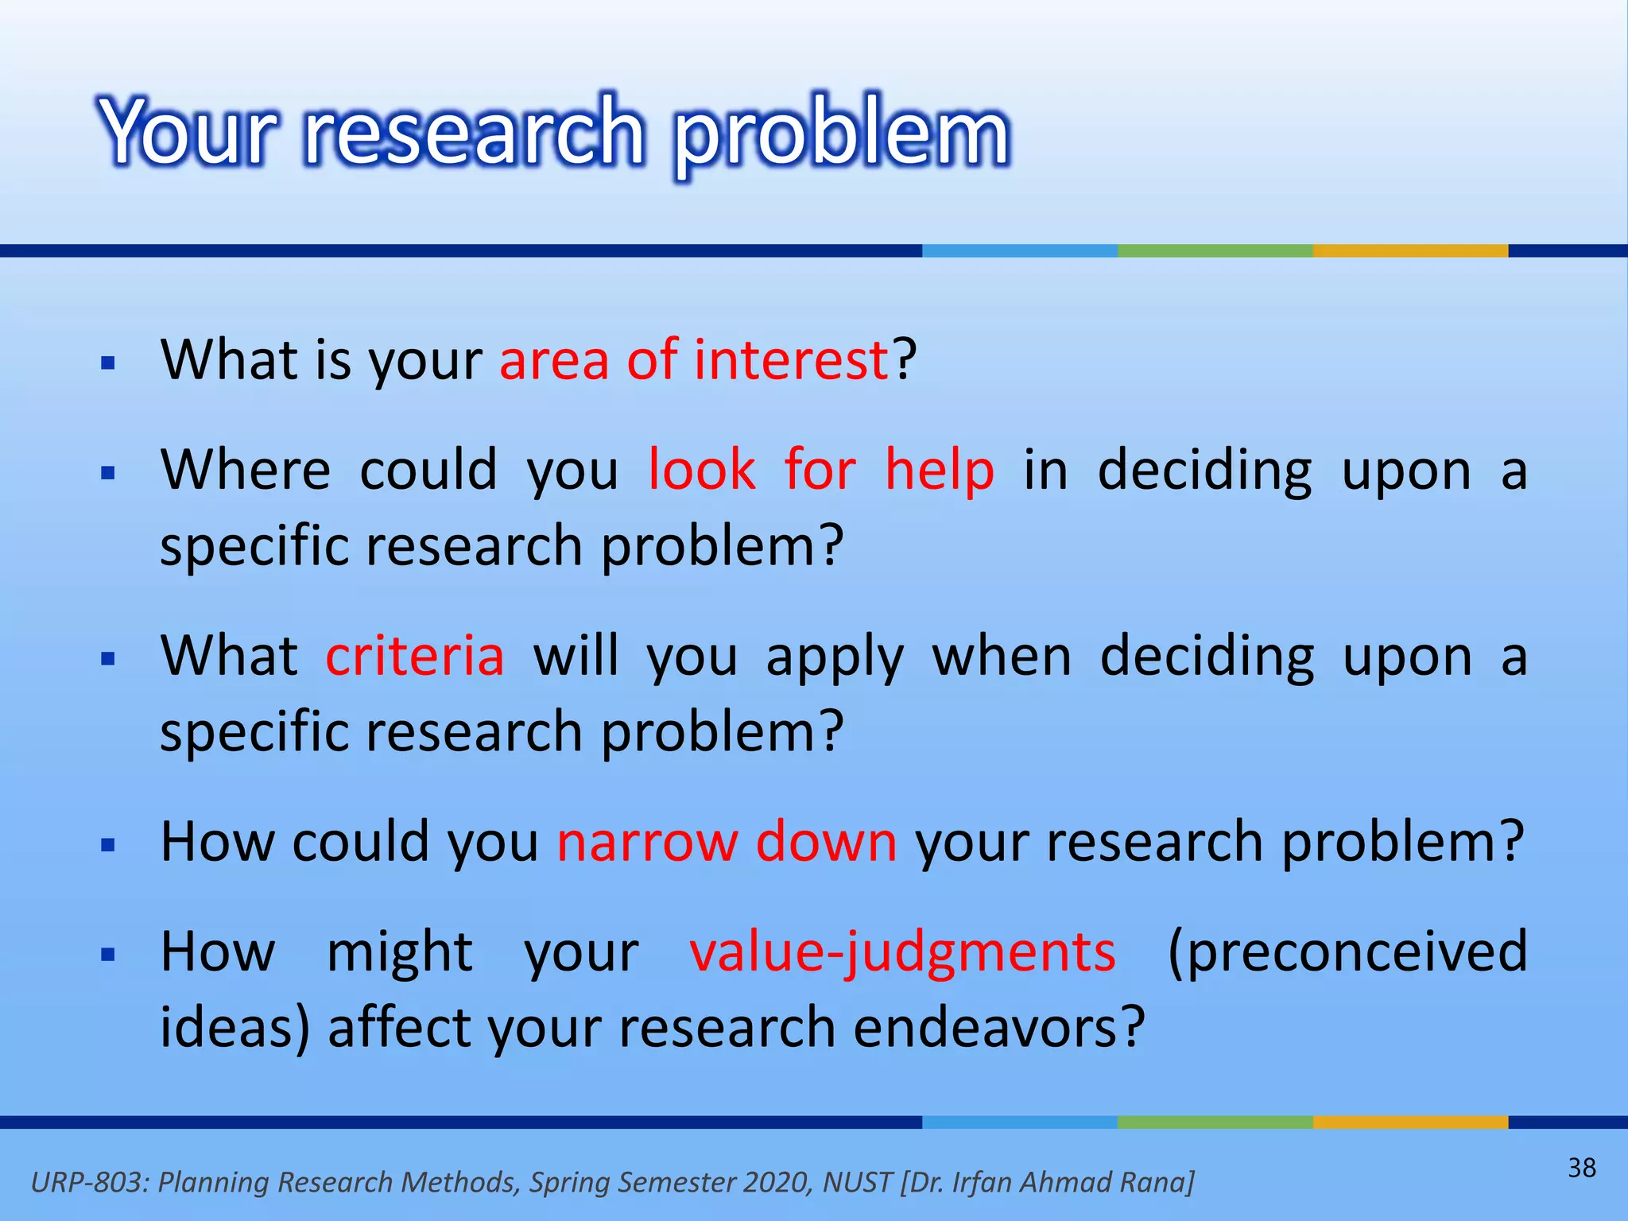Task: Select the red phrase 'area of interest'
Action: (x=693, y=360)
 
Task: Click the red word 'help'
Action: (x=939, y=470)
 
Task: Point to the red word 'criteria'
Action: (x=415, y=657)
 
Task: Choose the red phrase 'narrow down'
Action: (x=727, y=842)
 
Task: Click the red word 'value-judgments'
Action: (x=902, y=952)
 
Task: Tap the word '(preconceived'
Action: (x=1347, y=952)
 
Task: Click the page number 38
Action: (x=1581, y=1168)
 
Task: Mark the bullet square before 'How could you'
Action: (x=109, y=845)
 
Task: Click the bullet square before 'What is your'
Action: (x=109, y=364)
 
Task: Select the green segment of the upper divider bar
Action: (x=1215, y=250)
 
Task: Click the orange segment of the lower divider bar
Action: (x=1409, y=1122)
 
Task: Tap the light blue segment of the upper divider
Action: (x=1019, y=250)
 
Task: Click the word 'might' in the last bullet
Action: (x=400, y=952)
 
